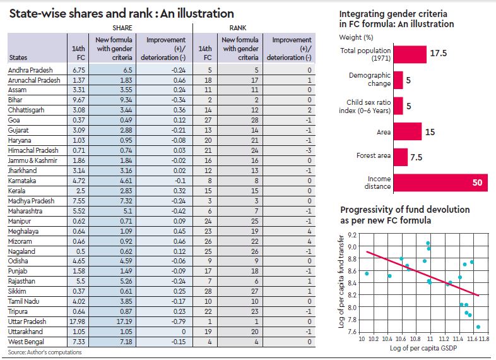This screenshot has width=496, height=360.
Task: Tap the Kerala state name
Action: point(18,207)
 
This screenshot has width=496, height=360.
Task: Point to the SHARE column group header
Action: point(122,28)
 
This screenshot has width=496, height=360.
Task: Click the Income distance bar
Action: point(441,183)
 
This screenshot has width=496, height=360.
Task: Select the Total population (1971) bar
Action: point(410,54)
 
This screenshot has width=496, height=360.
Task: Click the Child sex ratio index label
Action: point(369,105)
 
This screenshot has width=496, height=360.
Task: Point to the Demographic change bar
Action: point(398,80)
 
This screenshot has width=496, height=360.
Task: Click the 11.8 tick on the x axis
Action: point(485,339)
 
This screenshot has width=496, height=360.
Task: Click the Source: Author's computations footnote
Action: point(45,352)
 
